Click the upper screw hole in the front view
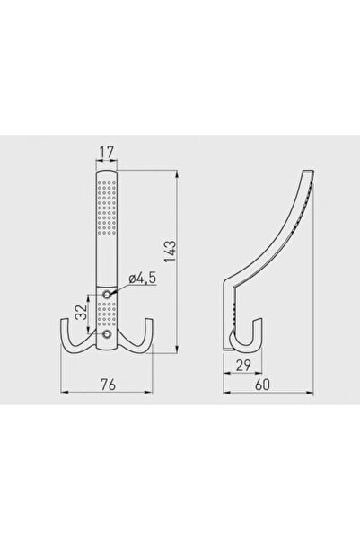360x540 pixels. [107, 294]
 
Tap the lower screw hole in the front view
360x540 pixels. [107, 335]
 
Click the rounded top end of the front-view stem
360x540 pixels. [107, 172]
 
